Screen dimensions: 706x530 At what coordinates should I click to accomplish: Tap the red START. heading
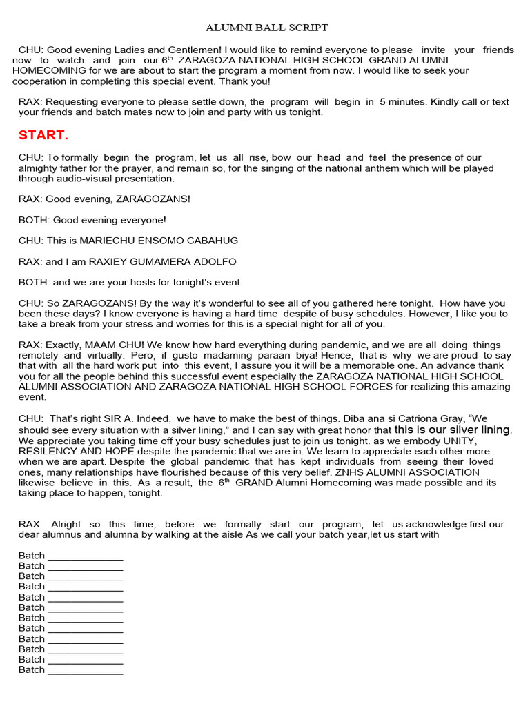[43, 134]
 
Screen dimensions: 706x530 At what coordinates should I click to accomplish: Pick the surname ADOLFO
[211, 261]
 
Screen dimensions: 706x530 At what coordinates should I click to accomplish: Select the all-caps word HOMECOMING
[49, 70]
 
